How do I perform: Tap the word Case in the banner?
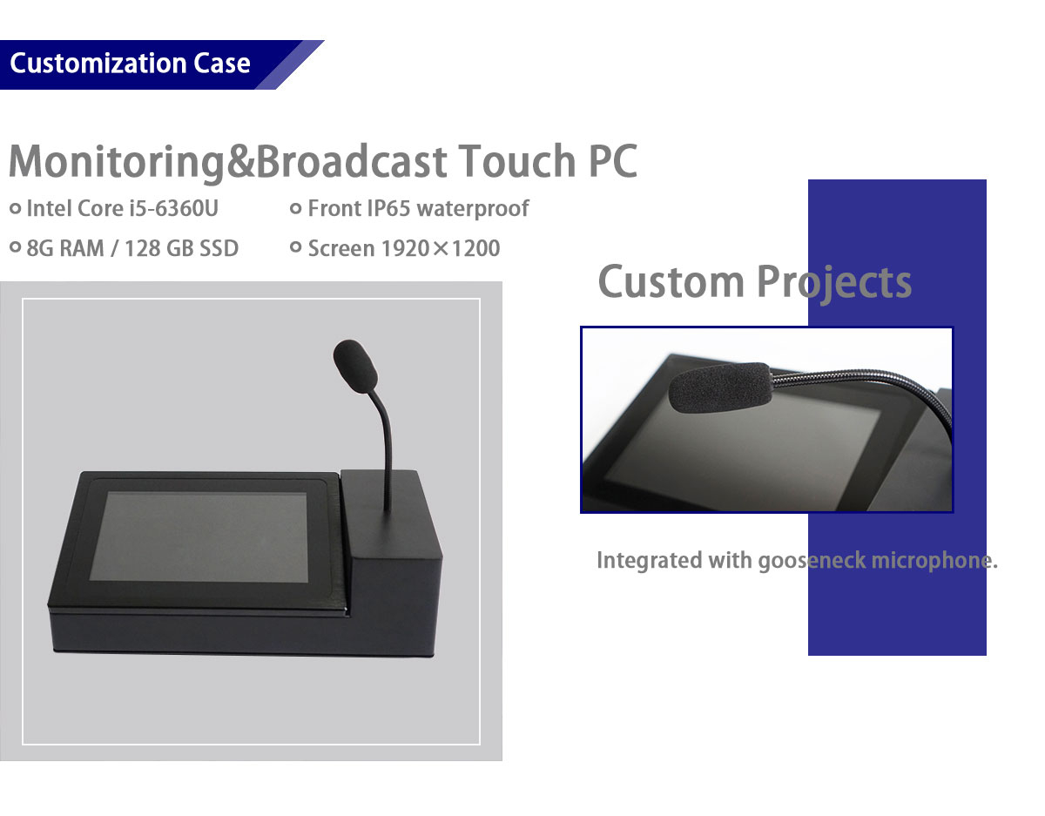click(222, 64)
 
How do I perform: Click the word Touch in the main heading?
click(516, 161)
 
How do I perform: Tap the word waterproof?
click(473, 209)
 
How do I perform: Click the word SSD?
click(219, 248)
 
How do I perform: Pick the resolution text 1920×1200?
click(441, 248)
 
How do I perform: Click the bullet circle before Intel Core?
click(16, 208)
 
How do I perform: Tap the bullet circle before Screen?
click(296, 247)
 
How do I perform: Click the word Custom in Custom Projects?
click(671, 282)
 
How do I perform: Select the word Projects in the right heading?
click(834, 284)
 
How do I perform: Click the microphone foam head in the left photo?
click(355, 366)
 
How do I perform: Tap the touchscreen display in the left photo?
click(199, 536)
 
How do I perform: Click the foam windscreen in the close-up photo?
click(721, 387)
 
